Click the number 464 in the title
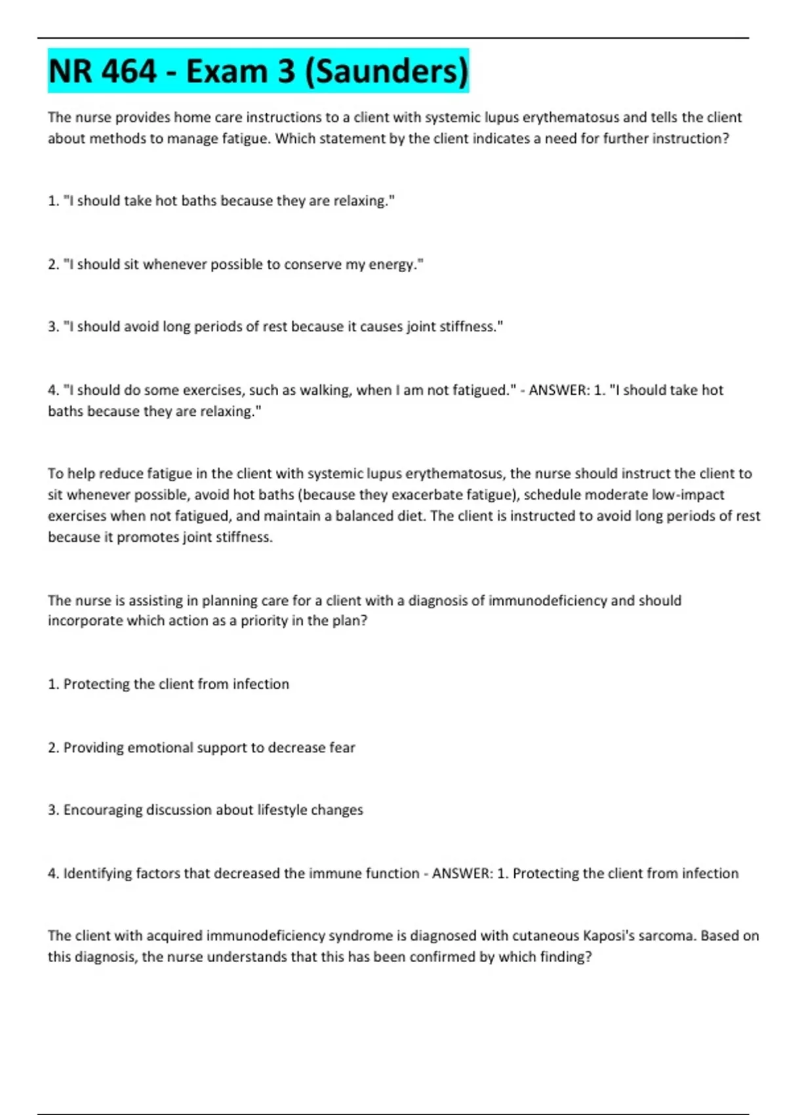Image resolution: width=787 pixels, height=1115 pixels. [130, 71]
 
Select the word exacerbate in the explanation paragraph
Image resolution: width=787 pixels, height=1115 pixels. [430, 495]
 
